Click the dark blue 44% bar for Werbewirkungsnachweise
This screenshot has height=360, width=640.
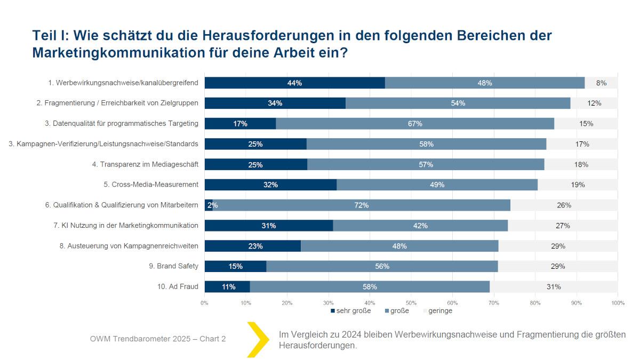[294, 83]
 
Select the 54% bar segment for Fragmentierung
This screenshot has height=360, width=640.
[458, 103]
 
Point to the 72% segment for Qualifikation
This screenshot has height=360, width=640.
[361, 205]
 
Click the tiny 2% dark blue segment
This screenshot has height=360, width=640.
[209, 205]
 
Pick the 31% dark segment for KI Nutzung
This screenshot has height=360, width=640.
[268, 226]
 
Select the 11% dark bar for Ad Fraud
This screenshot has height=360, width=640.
[227, 286]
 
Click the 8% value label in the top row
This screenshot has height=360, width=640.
[601, 83]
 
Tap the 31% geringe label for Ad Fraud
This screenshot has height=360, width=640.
[554, 286]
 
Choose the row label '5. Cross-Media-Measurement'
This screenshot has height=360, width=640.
[151, 185]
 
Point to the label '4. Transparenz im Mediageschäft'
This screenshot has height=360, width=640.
[145, 164]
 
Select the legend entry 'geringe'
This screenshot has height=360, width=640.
[439, 310]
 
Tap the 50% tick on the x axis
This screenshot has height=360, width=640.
[411, 303]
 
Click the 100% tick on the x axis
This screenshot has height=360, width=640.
[617, 303]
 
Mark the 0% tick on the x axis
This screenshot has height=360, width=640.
[204, 303]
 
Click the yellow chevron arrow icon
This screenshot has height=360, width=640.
[258, 339]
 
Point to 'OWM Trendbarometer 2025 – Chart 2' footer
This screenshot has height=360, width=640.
[158, 339]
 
